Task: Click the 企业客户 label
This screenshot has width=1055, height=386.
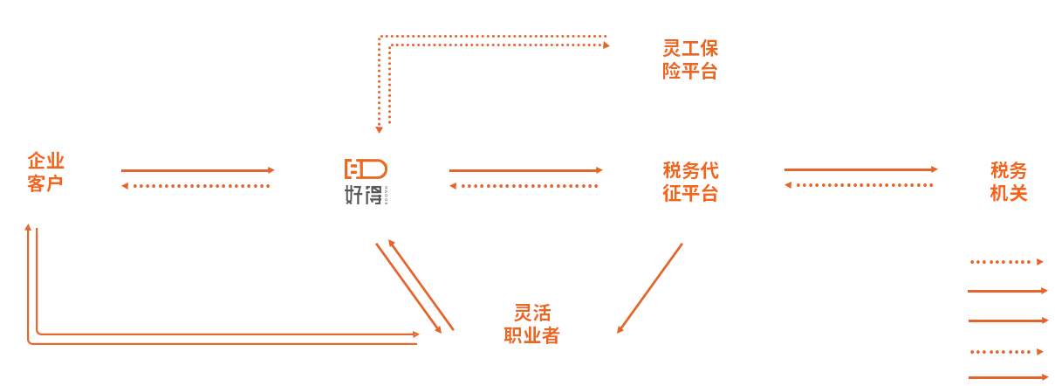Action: (46, 172)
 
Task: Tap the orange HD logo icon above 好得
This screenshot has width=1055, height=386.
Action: (366, 168)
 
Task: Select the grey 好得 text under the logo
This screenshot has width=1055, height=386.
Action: (363, 195)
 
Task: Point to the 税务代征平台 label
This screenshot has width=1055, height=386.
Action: (690, 182)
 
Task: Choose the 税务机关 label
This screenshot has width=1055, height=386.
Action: (1008, 182)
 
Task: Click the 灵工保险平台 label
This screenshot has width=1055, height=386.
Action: (689, 59)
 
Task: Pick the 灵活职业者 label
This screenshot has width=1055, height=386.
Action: (531, 324)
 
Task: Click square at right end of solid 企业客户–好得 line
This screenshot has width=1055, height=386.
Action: (272, 170)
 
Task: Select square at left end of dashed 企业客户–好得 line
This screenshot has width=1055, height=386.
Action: (125, 185)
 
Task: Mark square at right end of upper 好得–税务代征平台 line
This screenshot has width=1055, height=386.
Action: (599, 170)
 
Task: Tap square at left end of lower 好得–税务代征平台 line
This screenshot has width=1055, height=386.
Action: (452, 185)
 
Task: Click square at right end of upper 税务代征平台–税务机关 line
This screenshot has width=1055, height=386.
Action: (934, 169)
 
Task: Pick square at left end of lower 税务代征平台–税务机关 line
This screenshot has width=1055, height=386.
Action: (787, 184)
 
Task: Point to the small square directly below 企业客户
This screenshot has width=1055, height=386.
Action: (29, 227)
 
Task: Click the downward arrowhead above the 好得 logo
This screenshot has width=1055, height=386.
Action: (379, 130)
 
